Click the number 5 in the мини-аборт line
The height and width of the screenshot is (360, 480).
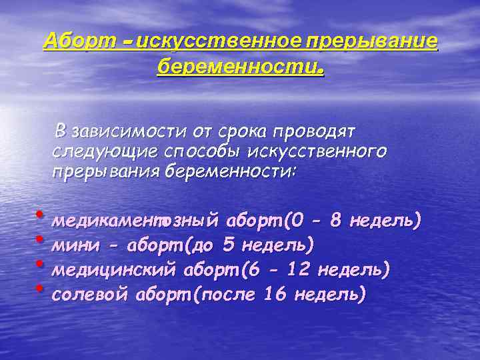229,245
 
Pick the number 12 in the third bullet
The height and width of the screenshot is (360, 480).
297,269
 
